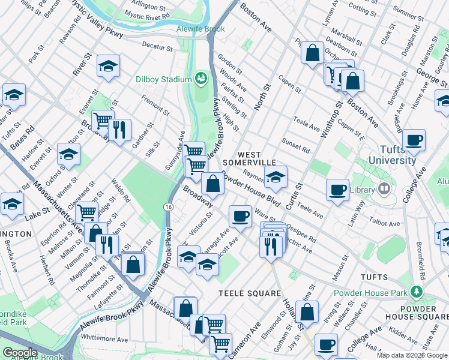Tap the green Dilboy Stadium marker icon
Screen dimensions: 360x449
[200, 78]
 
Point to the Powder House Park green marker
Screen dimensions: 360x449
[415, 292]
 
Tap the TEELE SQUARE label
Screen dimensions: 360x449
[250, 293]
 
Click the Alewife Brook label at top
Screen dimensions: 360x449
[200, 28]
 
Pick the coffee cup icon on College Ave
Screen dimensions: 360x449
[414, 141]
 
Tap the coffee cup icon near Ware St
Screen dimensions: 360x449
[241, 215]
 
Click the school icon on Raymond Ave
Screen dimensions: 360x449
[276, 176]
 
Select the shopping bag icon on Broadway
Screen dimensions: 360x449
[212, 183]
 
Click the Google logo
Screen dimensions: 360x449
[19, 353]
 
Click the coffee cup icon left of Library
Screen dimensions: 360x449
[337, 190]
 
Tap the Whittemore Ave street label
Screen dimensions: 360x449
[104, 338]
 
